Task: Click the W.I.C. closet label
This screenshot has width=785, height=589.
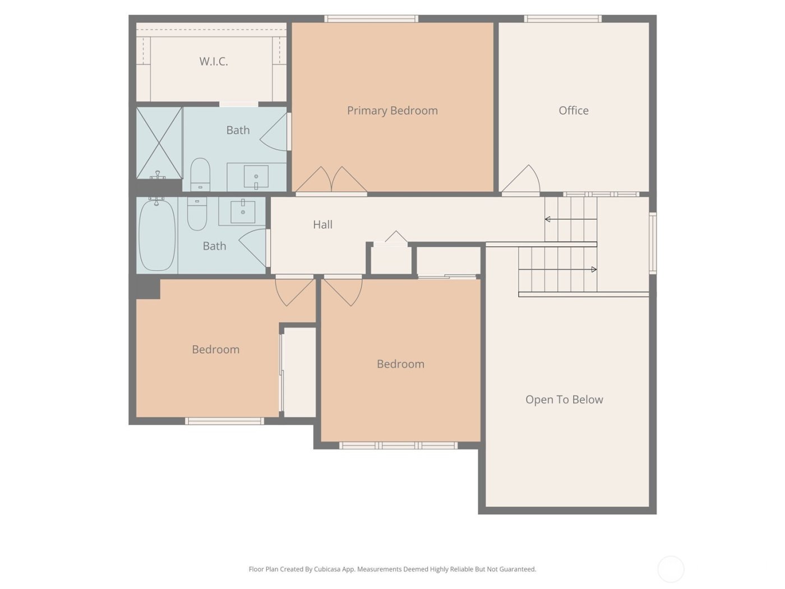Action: (x=214, y=62)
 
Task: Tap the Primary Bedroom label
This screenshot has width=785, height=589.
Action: (x=392, y=111)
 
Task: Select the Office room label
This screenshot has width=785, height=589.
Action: (x=573, y=111)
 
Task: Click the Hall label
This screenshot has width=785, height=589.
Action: (x=322, y=225)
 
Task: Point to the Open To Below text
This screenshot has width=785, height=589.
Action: (x=564, y=400)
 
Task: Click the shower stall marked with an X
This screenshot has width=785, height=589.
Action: (x=159, y=143)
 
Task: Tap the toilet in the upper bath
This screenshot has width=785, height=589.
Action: (x=200, y=174)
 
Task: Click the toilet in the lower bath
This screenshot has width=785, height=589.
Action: (x=197, y=214)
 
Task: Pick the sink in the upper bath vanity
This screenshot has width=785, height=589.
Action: (x=256, y=177)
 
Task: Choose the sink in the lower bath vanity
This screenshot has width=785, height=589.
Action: (x=243, y=211)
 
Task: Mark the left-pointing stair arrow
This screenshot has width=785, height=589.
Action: (x=548, y=219)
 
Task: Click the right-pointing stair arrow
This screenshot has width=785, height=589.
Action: (x=593, y=270)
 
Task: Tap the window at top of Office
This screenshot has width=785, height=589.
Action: (x=562, y=19)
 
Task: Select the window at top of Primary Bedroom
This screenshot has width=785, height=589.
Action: (x=371, y=19)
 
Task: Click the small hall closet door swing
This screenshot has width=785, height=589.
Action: (x=396, y=238)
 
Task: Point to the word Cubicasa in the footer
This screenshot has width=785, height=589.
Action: (x=340, y=569)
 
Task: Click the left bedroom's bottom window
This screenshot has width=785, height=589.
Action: (x=224, y=421)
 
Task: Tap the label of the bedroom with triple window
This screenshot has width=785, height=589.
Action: (x=400, y=364)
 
